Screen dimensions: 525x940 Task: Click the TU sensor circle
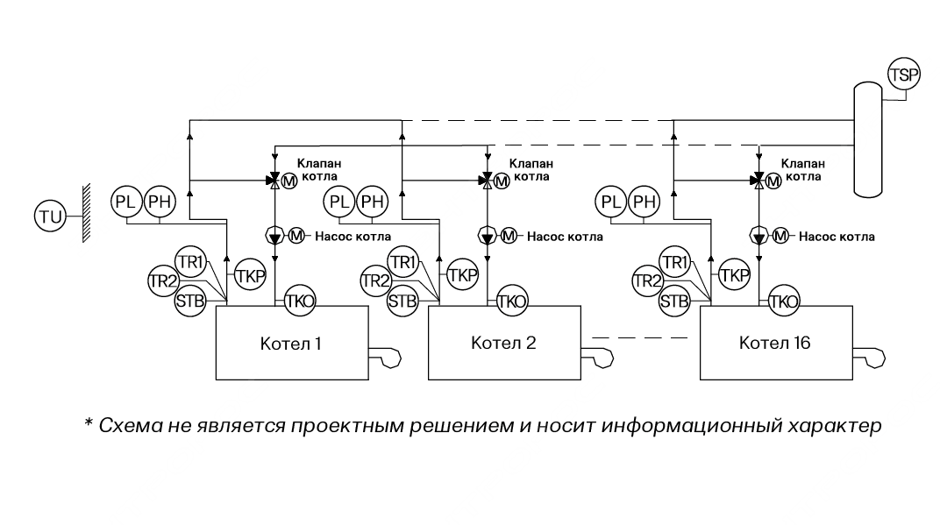[x=50, y=215]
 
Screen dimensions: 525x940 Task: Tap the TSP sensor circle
[x=904, y=74]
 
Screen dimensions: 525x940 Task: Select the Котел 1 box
[x=291, y=343]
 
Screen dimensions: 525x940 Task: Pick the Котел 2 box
[x=503, y=343]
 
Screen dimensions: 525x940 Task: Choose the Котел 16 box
[x=775, y=343]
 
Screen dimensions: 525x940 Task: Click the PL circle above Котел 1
[x=127, y=202]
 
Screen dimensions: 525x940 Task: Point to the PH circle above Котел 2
[x=374, y=202]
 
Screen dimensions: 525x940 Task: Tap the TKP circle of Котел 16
[x=734, y=274]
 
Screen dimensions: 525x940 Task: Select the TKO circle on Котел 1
[x=299, y=302]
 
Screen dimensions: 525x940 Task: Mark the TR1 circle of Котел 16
[x=675, y=261]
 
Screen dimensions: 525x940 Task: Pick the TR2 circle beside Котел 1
[x=162, y=280]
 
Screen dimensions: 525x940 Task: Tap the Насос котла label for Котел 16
[x=837, y=237]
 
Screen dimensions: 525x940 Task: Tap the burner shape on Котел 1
[x=385, y=358]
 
